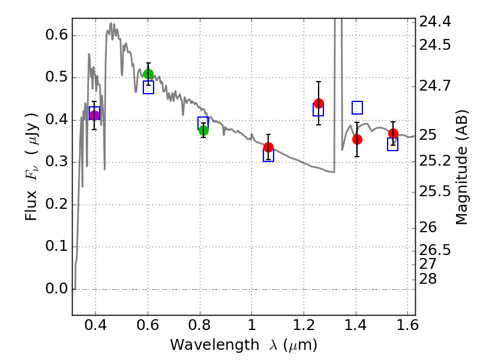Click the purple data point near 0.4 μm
pos(94,116)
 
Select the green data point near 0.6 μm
pos(148,74)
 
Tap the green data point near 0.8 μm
pos(203,130)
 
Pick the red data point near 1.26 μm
pos(319,103)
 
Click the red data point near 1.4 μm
pos(357,139)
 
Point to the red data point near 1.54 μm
pos(393,133)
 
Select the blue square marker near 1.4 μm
pos(357,107)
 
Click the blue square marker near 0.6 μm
pos(148,88)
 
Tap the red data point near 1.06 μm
pos(268,147)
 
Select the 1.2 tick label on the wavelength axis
pos(304,328)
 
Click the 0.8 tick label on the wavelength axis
pos(199,328)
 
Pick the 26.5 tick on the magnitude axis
pos(436,250)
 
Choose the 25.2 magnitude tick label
pos(436,161)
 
